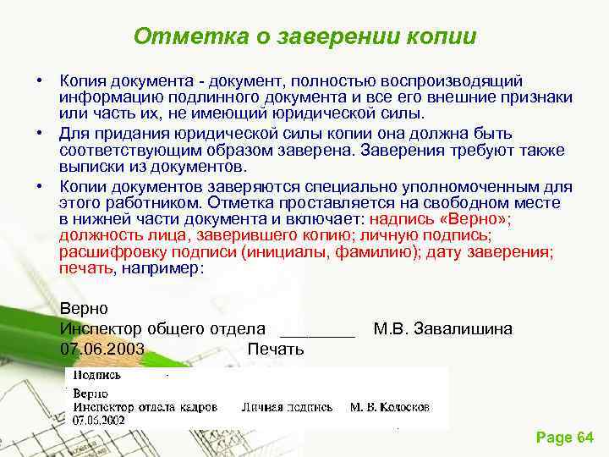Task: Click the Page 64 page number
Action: [565, 438]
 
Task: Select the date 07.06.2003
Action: [102, 349]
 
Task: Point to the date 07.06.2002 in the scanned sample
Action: [99, 420]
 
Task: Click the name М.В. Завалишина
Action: [442, 328]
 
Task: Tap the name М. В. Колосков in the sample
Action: [390, 407]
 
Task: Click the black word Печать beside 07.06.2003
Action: [276, 349]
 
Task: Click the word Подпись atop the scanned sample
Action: [96, 375]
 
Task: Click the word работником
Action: [173, 202]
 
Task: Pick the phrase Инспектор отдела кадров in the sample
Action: [145, 407]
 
